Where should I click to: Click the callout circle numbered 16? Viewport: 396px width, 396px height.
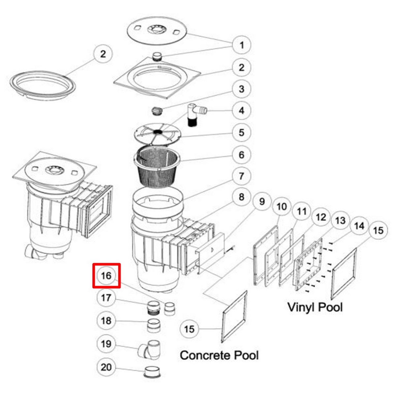[106, 275]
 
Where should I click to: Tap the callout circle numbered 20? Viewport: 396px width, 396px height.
[106, 367]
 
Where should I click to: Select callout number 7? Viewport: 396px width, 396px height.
[242, 176]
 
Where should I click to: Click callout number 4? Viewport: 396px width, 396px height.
[242, 111]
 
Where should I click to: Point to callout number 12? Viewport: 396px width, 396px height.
[320, 217]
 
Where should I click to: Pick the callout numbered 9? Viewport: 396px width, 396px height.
[262, 201]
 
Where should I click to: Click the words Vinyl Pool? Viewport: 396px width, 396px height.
[315, 307]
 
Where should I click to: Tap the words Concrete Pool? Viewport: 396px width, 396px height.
[219, 355]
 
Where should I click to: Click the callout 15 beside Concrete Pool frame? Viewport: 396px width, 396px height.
[189, 329]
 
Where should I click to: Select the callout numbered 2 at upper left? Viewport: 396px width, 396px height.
[103, 54]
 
